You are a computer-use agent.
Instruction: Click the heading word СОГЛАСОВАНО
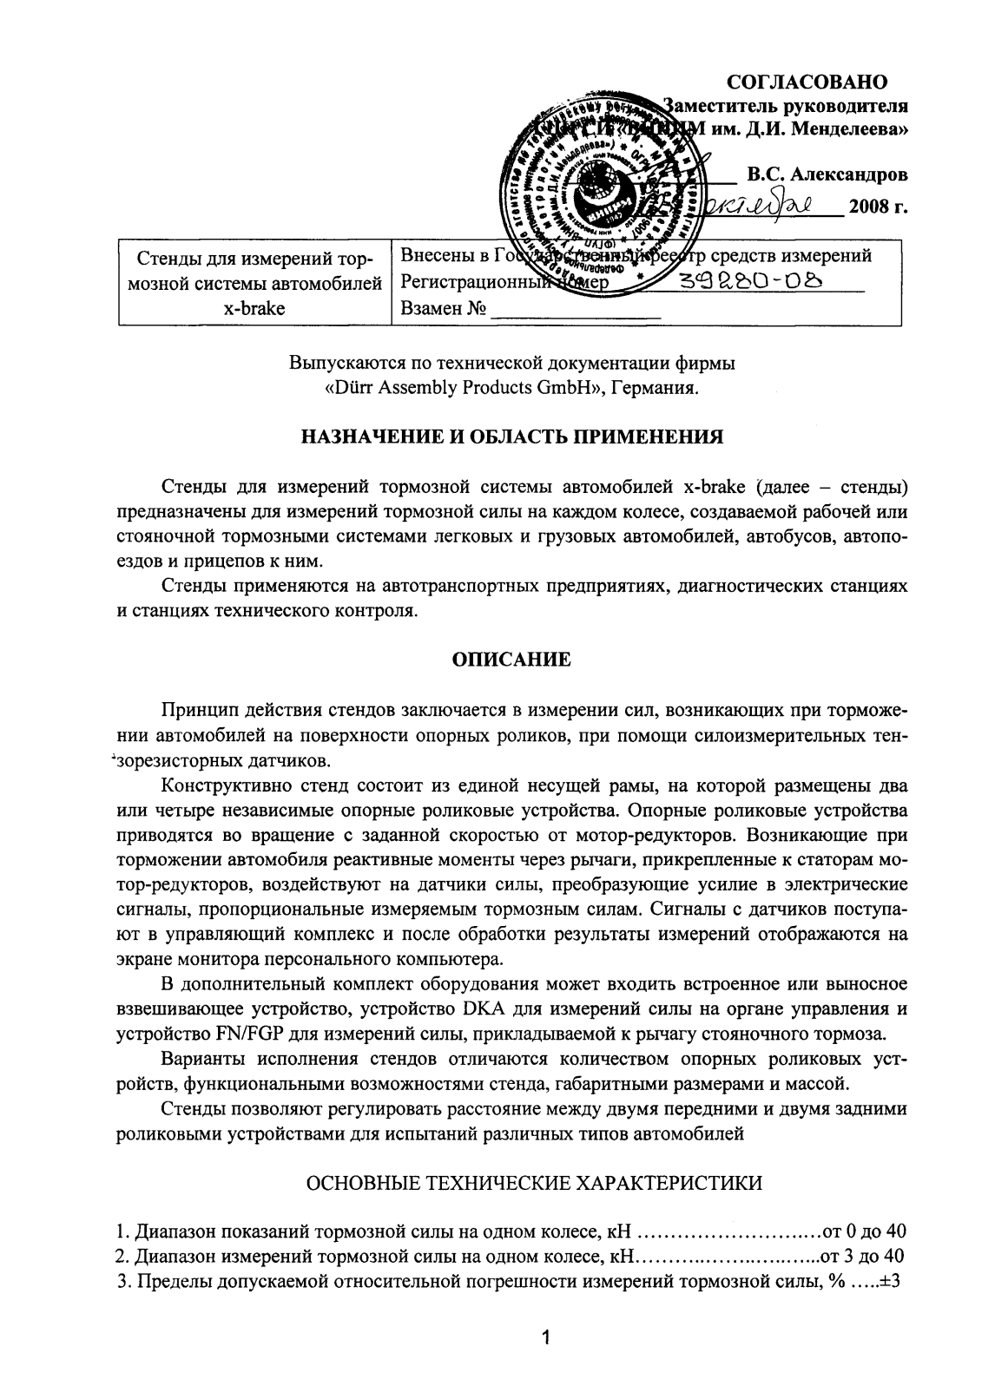pyautogui.click(x=807, y=82)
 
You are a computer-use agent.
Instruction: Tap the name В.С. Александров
pyautogui.click(x=827, y=174)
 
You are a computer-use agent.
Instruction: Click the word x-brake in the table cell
pyautogui.click(x=254, y=308)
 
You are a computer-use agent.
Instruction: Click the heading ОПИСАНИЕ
pyautogui.click(x=512, y=660)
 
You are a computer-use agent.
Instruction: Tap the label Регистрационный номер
pyautogui.click(x=504, y=283)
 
